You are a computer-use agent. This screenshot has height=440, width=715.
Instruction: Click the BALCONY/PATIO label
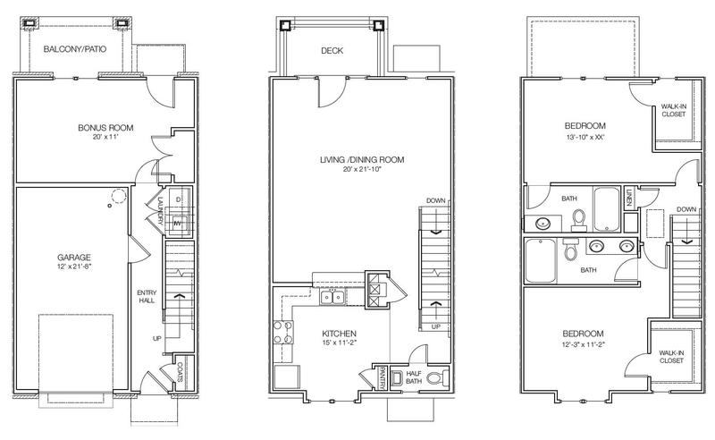tap(75, 49)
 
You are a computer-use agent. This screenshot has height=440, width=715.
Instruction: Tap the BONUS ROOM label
tap(105, 128)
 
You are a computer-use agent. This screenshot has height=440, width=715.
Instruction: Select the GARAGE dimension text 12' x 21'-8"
tap(74, 267)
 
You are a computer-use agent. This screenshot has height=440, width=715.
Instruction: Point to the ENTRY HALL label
tap(147, 296)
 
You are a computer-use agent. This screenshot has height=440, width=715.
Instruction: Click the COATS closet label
tap(181, 372)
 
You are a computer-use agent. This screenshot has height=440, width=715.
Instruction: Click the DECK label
tap(332, 51)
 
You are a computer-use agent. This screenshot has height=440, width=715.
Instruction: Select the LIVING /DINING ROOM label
tap(362, 160)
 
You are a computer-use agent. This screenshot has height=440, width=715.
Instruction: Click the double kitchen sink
tap(332, 298)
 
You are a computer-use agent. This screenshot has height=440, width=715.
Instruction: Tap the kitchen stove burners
tap(282, 333)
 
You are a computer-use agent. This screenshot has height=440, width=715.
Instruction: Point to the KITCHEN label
tap(340, 334)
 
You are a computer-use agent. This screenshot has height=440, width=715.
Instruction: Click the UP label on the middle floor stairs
tap(436, 326)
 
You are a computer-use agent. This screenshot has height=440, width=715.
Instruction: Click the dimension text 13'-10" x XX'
tap(585, 137)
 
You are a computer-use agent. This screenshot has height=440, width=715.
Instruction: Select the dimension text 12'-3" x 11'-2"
tap(584, 344)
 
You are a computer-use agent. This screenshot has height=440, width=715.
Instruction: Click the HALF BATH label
tap(414, 377)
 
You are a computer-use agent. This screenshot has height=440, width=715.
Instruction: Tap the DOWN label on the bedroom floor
tap(686, 209)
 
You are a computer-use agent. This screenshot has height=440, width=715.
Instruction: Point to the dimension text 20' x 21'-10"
tap(362, 169)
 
